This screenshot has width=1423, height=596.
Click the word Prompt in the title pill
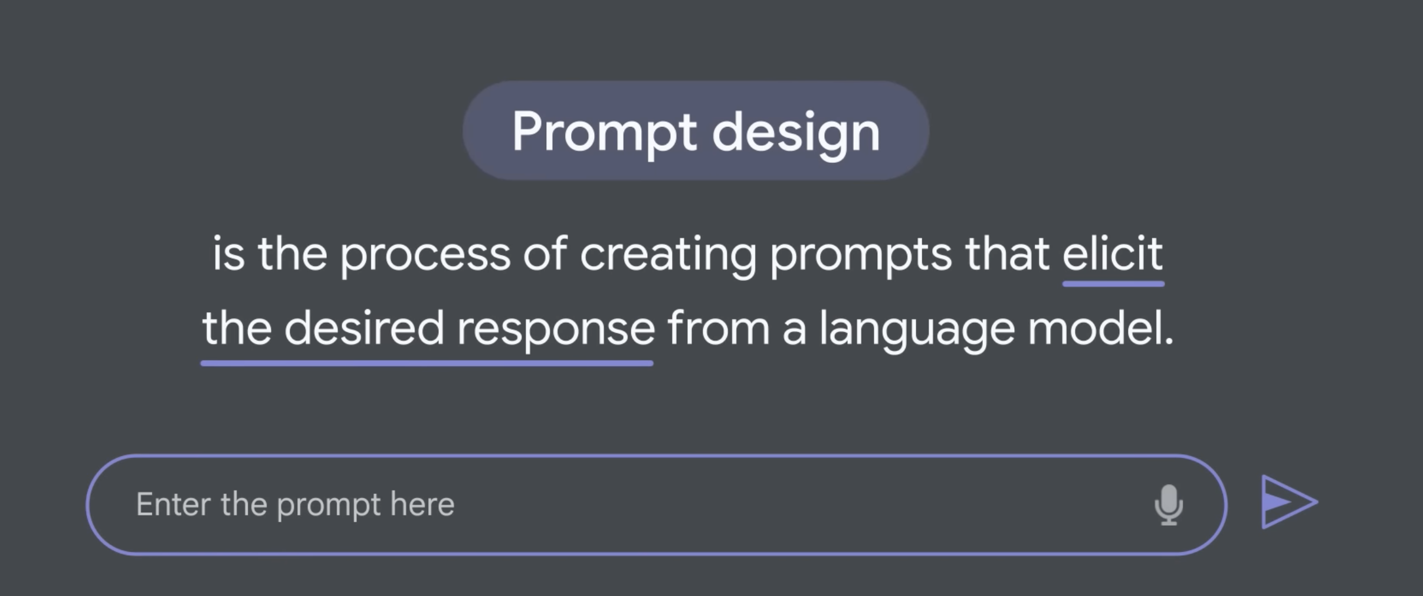tap(605, 133)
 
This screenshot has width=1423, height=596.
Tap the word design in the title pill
tap(796, 133)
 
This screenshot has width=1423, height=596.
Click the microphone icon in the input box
tap(1168, 505)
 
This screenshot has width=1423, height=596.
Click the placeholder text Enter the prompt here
tap(295, 505)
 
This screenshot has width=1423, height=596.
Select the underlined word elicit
tap(1113, 254)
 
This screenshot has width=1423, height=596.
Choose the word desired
tap(364, 328)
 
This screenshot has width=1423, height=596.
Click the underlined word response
tap(556, 331)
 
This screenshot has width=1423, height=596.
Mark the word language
tap(917, 331)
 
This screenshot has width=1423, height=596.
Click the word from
tap(719, 328)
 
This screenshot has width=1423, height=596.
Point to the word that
tap(1007, 254)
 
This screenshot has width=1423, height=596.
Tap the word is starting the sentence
tap(228, 254)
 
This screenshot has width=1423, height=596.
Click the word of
tap(545, 254)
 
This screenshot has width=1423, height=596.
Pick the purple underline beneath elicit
tap(1113, 284)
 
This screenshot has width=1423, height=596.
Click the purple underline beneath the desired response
tap(427, 363)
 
